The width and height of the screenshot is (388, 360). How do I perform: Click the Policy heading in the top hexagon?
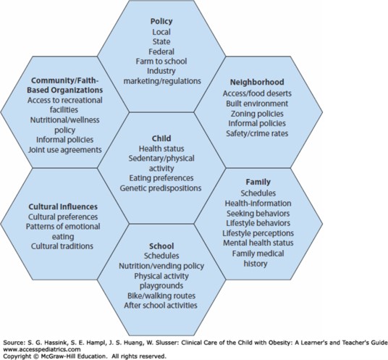(x=161, y=21)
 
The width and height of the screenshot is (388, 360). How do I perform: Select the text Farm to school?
(x=161, y=61)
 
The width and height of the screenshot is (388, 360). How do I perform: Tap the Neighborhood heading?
(x=257, y=82)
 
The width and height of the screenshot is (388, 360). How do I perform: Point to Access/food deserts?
(x=257, y=93)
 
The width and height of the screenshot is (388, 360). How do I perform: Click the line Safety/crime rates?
(x=257, y=133)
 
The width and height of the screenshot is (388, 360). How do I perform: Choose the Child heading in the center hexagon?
(x=161, y=138)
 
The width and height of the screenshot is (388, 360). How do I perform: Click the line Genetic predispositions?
(x=161, y=188)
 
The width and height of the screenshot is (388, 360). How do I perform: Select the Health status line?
(x=161, y=148)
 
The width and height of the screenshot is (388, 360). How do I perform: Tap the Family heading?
(x=258, y=182)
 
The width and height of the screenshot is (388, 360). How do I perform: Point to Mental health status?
(x=258, y=243)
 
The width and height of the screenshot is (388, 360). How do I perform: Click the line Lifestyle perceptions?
(x=258, y=233)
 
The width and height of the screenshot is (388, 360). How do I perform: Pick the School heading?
(x=161, y=246)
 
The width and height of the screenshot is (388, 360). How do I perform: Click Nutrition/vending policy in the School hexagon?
(x=161, y=266)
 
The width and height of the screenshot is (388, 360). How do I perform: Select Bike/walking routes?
(x=161, y=296)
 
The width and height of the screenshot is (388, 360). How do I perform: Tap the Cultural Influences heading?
(x=63, y=206)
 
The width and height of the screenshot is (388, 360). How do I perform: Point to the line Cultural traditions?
(x=62, y=246)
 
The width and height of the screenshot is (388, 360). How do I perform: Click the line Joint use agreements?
(x=65, y=150)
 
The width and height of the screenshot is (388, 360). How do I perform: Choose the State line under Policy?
(x=161, y=41)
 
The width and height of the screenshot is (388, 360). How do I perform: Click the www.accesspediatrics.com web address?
(x=42, y=349)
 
